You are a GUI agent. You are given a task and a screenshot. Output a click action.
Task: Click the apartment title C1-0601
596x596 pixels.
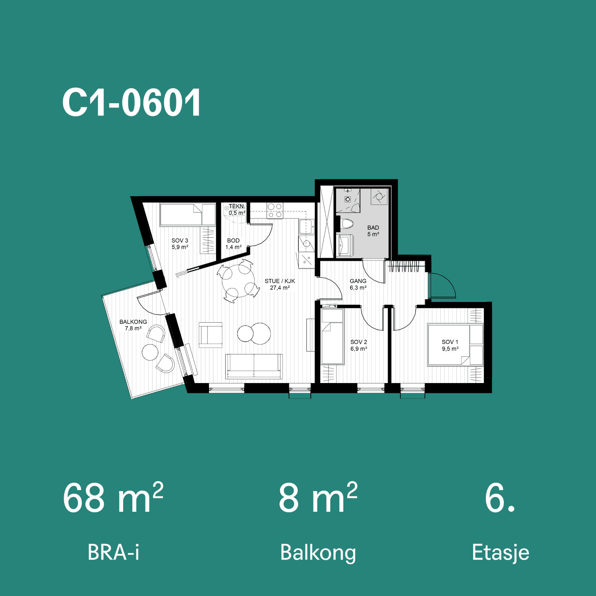coord(132,103)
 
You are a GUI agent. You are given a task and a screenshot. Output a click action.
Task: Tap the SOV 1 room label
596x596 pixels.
coord(450,345)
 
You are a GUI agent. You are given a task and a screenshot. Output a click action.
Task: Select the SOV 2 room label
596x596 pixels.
coord(359,345)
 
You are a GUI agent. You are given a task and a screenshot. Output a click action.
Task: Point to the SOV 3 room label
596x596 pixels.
coord(180,244)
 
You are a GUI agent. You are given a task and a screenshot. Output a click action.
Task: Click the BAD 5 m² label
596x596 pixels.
coord(373,231)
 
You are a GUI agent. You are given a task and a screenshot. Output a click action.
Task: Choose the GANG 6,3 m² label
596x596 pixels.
coord(358,284)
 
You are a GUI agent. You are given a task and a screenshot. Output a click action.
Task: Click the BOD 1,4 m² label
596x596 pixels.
coord(233,244)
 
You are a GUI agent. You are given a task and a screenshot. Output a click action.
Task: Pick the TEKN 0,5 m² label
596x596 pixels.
coord(237,209)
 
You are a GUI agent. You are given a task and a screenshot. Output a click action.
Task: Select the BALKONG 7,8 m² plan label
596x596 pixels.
coord(133,325)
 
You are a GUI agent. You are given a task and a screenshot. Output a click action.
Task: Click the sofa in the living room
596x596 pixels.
coord(254,366)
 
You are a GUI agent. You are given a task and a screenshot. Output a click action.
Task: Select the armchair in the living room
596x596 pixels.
coord(211,335)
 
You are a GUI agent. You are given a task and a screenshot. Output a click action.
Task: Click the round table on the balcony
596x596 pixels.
coord(150,352)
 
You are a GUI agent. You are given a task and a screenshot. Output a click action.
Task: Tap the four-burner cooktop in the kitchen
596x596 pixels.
coord(275,211)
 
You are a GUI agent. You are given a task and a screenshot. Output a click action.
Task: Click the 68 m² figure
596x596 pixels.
coord(113,497)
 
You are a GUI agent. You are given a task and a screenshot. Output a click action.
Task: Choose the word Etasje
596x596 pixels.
coord(501,553)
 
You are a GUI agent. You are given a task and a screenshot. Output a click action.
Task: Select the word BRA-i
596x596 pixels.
coord(114,552)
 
